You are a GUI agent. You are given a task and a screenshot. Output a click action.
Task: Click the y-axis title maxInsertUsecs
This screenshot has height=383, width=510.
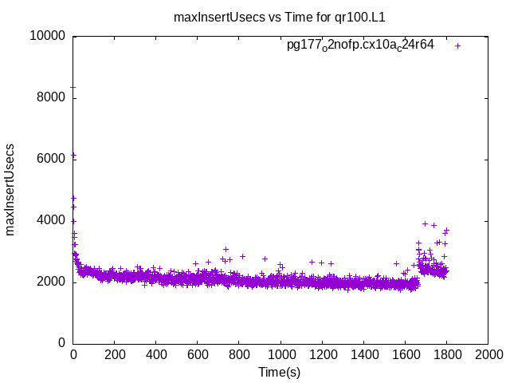click(x=10, y=189)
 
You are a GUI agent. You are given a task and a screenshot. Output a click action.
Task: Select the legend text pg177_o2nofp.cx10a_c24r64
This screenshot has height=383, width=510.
click(x=360, y=45)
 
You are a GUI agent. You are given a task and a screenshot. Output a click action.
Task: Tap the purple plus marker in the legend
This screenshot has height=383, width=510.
click(x=457, y=45)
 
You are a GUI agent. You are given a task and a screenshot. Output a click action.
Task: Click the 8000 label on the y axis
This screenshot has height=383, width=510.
click(x=52, y=97)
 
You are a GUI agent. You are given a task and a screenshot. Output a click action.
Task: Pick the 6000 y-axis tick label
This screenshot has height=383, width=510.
click(x=52, y=159)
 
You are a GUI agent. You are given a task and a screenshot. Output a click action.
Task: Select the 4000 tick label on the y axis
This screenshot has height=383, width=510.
click(x=52, y=220)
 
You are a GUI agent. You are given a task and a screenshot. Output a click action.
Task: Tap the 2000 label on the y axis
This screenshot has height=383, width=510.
click(x=52, y=282)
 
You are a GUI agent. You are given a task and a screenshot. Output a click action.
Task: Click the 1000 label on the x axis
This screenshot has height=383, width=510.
click(x=280, y=354)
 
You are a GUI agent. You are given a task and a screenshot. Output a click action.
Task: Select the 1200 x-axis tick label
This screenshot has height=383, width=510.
click(x=322, y=354)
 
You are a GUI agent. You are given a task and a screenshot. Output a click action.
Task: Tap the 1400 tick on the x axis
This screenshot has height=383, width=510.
click(x=363, y=354)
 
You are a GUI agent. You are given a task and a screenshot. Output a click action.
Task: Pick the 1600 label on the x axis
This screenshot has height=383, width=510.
click(x=405, y=354)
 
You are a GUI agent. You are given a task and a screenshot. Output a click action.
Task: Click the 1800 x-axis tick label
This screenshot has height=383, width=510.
click(x=446, y=354)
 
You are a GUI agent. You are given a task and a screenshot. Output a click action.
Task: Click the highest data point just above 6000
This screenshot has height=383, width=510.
click(x=73, y=155)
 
